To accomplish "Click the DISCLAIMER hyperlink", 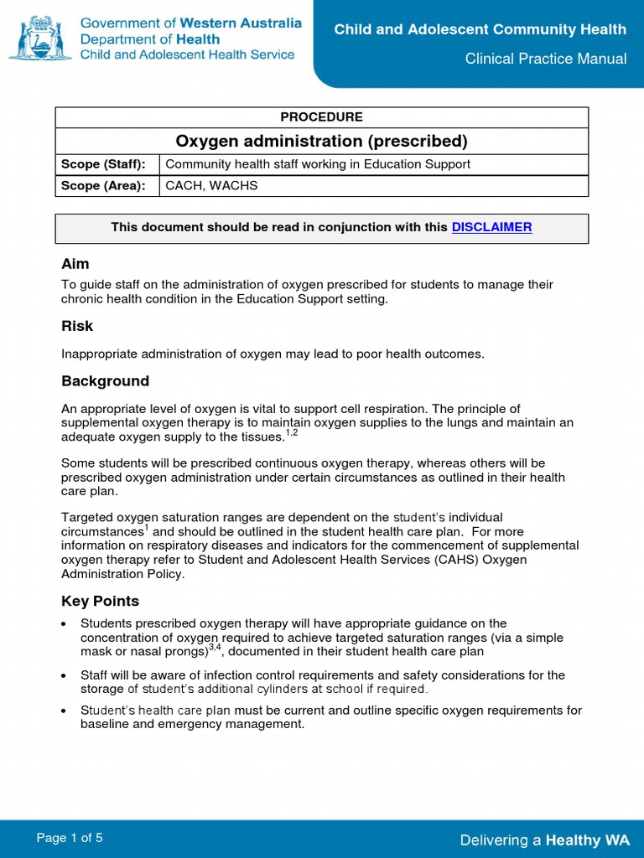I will tap(491, 227).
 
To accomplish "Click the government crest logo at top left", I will tap(40, 38).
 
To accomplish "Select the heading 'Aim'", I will tap(75, 264).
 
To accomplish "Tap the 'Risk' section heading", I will tap(77, 326).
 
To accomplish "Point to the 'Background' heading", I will tap(105, 381).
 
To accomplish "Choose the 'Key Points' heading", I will tap(100, 602).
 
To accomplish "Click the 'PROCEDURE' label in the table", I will tap(321, 117).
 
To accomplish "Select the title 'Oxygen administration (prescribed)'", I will tap(321, 140).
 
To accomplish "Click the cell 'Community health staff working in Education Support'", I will tap(318, 164).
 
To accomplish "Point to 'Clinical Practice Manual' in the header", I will tap(547, 59).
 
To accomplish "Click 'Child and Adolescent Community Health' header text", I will tap(480, 30).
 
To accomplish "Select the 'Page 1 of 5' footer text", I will tap(70, 838).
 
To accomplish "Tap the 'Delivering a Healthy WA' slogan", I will tap(544, 840).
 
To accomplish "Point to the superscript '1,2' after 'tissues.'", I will tap(292, 432).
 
